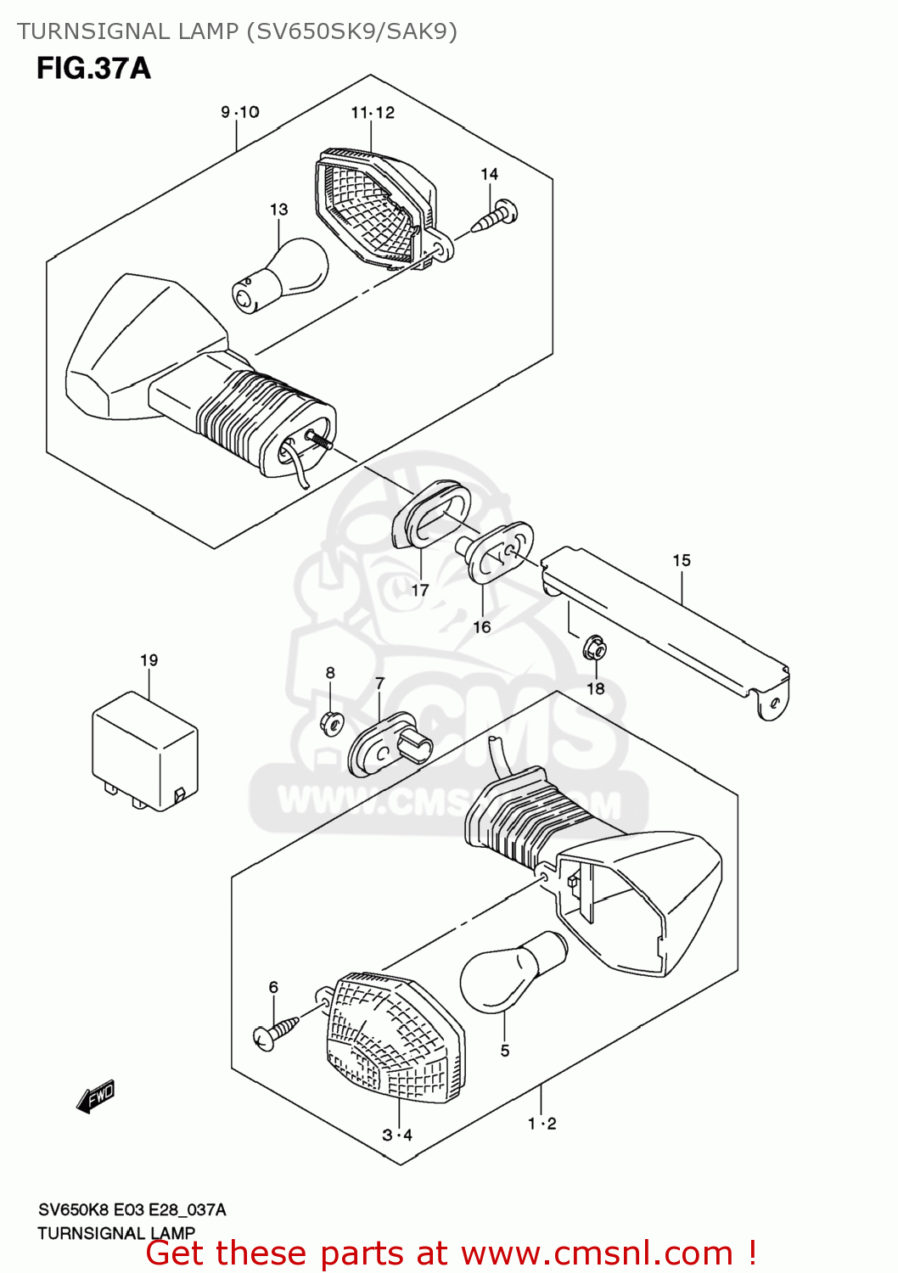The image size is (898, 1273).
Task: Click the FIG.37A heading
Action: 93,68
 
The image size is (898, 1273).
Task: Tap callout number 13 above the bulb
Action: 279,210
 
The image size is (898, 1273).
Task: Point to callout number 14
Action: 490,174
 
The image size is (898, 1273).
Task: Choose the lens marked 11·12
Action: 373,208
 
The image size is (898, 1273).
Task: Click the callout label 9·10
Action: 240,112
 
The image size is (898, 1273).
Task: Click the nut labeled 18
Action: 594,650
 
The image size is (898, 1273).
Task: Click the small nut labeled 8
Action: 330,723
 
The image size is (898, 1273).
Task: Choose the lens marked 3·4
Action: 396,1040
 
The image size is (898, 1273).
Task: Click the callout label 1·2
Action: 542,1124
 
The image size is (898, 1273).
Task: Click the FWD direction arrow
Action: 95,1096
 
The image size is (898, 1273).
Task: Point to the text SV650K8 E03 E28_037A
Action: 132,1209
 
